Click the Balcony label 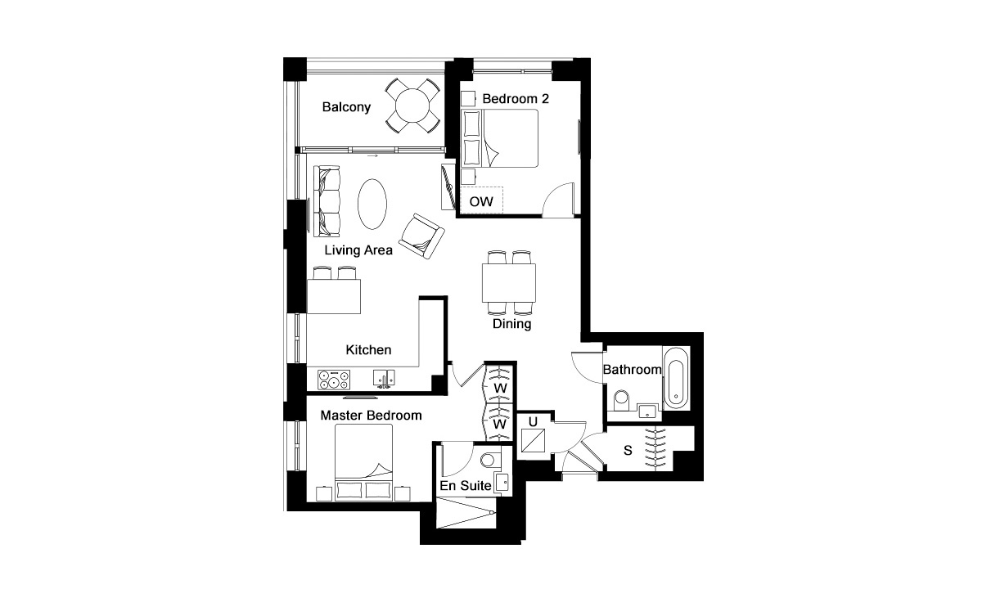346,107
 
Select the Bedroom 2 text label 516,99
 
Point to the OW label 480,200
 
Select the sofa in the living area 327,200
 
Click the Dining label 512,324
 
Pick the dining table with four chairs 510,282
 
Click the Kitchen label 368,350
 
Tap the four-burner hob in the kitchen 334,380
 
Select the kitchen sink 382,378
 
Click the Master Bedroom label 371,416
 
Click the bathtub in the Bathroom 676,378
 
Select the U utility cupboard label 533,423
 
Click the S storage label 628,450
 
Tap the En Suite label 465,486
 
